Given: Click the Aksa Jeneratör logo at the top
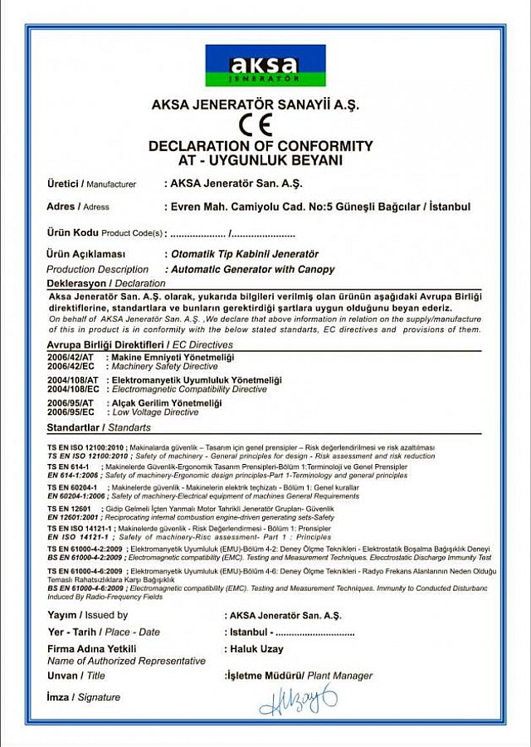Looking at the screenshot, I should point(265,66).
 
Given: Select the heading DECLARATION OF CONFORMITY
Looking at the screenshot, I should point(261,146).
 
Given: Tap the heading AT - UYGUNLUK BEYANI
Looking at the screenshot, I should point(261,160).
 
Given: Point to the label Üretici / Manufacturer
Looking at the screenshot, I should point(91,183).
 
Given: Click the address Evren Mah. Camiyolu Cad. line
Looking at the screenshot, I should point(319,207).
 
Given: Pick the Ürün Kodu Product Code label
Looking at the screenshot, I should point(104,233).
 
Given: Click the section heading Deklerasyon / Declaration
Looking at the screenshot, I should point(106,284).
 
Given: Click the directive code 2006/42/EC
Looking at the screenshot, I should point(71,365).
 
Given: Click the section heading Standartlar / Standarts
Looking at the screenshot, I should point(100,427).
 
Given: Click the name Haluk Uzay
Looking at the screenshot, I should point(254,649).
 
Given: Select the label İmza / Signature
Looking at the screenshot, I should point(84,697).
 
